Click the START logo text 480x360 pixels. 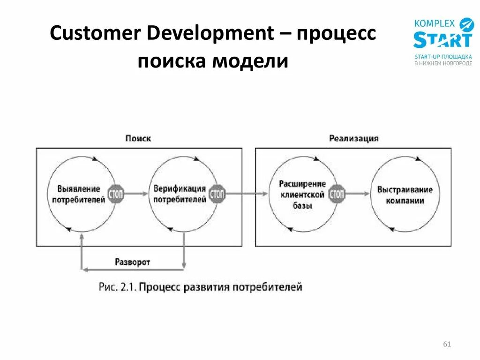[442, 40]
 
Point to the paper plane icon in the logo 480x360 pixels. [467, 24]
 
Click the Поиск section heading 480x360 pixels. [138, 139]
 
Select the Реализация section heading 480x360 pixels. [354, 139]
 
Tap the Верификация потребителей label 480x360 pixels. [180, 194]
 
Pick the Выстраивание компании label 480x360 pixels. [405, 195]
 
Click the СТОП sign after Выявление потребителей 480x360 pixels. [116, 194]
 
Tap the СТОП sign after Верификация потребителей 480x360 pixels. [217, 194]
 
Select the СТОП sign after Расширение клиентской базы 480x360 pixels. [337, 194]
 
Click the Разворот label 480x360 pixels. [133, 262]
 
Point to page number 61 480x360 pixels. [446, 345]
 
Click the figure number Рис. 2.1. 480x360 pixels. [117, 287]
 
